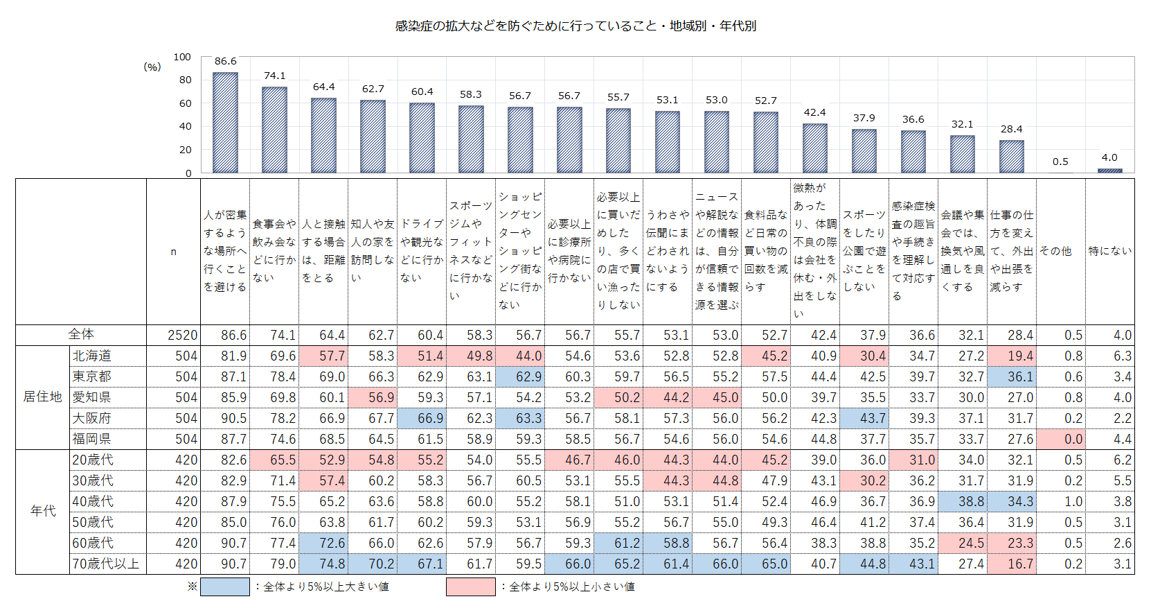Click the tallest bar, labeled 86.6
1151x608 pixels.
click(x=225, y=123)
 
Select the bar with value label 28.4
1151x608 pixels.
click(x=1011, y=157)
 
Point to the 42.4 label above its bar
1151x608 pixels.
click(x=814, y=112)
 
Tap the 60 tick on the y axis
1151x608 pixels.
click(x=185, y=103)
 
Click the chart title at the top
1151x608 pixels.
click(x=575, y=26)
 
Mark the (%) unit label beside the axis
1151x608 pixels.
click(x=152, y=67)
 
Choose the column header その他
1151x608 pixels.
click(x=1055, y=251)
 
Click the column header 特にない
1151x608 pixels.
click(x=1109, y=251)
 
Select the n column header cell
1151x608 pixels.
click(x=173, y=252)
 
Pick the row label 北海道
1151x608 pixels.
click(x=92, y=356)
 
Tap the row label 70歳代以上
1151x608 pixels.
click(x=106, y=564)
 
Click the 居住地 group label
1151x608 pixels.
click(x=42, y=397)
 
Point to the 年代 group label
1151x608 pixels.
click(x=42, y=511)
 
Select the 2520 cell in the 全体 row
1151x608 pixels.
click(x=182, y=335)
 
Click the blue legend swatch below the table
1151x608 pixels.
click(x=225, y=587)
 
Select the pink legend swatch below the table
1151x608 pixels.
click(x=471, y=587)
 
